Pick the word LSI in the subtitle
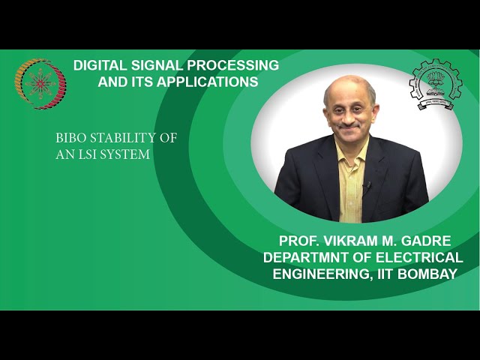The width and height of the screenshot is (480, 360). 84,154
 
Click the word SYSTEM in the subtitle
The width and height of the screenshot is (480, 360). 124,154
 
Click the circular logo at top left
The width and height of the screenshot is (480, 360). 40,84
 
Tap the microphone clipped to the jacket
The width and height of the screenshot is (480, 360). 366,184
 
